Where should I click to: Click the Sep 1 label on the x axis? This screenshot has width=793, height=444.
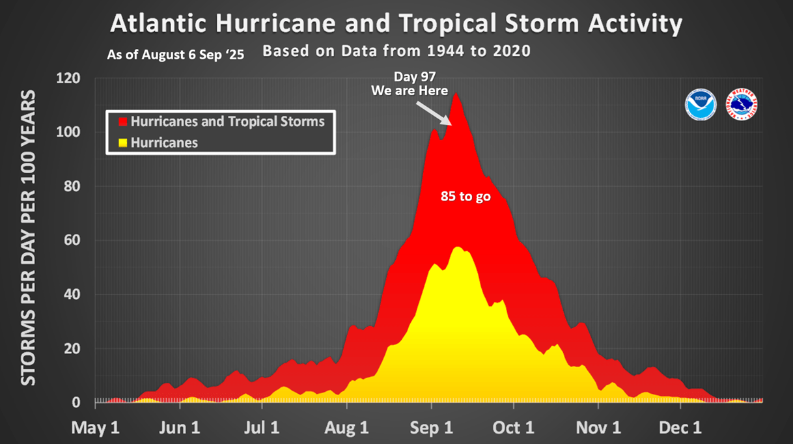coord(432,428)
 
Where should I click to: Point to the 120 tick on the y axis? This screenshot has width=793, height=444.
coord(68,79)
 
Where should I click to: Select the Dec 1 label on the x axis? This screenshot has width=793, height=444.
coord(680,428)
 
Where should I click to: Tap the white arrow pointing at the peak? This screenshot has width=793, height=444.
coord(432,112)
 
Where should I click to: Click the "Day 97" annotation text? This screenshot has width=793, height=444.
coord(410,77)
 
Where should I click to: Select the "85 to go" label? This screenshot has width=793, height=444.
coord(465,196)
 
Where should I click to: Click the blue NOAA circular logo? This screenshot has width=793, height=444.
coord(701,105)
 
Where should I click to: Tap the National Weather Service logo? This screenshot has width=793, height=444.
coord(742,105)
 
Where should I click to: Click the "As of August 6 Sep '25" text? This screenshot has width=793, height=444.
coord(176,55)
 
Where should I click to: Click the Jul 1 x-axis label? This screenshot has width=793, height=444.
coord(262,428)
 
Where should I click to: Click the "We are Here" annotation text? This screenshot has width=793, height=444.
coord(410,90)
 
